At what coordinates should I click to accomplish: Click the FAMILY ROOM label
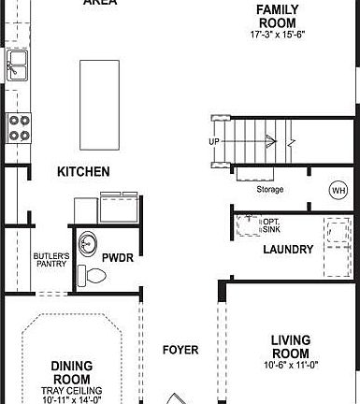coord(278,15)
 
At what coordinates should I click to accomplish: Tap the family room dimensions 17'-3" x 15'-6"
coord(278,35)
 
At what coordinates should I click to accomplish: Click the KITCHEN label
coord(83,172)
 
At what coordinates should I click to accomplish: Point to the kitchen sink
coord(17,65)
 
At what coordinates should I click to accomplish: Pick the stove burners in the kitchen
coord(17,126)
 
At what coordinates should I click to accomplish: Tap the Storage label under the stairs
coord(270,190)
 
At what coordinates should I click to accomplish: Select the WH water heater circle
coord(338,191)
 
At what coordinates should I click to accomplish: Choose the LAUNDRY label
coord(287,250)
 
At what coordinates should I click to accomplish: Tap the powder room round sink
coord(88,240)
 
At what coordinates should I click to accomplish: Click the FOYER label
coord(180,351)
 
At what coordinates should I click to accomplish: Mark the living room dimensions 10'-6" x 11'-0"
coord(290,366)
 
